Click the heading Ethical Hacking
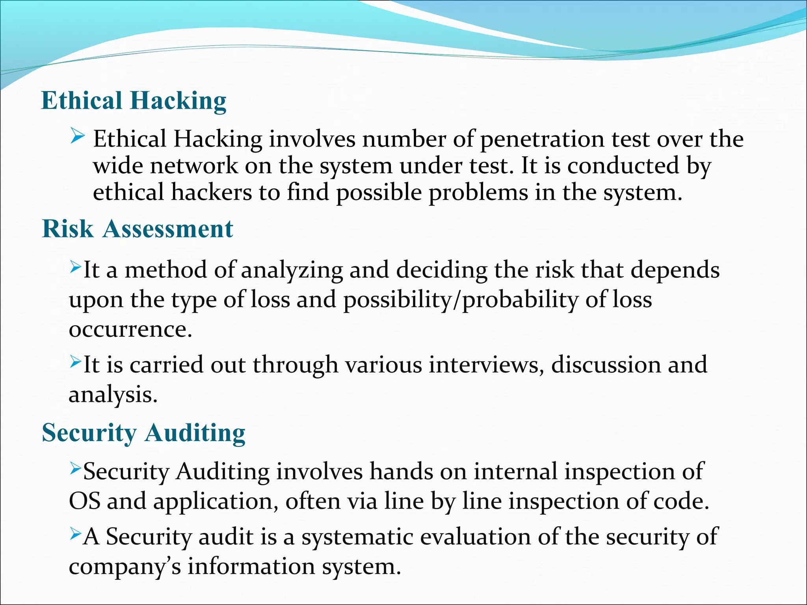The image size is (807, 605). click(134, 101)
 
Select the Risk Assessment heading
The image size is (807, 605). click(138, 229)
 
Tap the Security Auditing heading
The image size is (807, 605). click(143, 433)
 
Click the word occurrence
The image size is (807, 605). click(130, 329)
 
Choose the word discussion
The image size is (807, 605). click(605, 365)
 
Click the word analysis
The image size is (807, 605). click(113, 395)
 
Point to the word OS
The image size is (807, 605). click(84, 501)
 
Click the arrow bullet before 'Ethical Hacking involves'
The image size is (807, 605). click(77, 137)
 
